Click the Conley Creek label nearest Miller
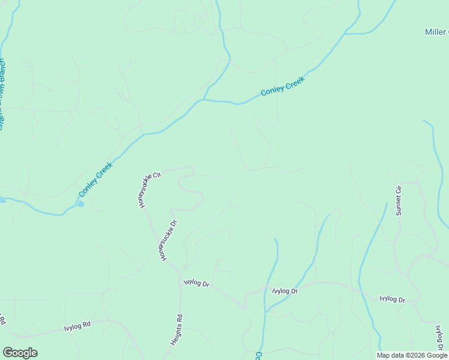point(283,86)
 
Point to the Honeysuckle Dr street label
point(167,239)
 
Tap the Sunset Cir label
point(398,200)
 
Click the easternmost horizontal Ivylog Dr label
point(392,299)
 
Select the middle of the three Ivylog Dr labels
point(285,291)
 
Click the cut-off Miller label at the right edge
point(436,32)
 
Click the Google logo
point(20,353)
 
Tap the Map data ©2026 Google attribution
point(412,355)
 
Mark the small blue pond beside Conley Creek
point(80,203)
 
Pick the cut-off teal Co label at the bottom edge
point(258,355)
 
